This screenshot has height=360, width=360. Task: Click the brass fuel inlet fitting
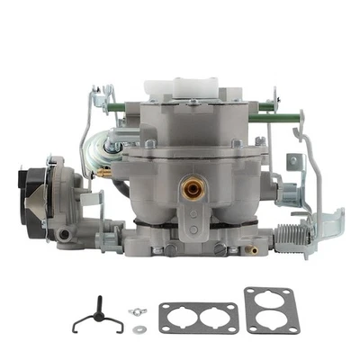[191, 189]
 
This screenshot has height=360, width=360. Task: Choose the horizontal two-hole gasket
[198, 318]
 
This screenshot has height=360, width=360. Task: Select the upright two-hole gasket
[273, 310]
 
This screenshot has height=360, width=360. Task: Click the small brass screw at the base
[255, 250]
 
